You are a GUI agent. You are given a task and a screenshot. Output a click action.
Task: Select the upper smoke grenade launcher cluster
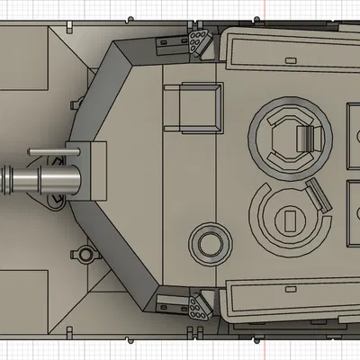click(x=197, y=40)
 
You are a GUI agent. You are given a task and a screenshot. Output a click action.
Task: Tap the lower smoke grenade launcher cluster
click(x=196, y=305)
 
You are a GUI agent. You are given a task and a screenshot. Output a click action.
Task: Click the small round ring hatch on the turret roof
click(x=207, y=242)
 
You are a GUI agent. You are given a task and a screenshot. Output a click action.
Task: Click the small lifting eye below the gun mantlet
click(x=85, y=253)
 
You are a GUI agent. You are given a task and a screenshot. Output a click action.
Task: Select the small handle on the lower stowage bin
click(x=290, y=290)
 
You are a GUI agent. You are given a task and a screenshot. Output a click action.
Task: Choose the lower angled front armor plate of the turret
click(x=117, y=261)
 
